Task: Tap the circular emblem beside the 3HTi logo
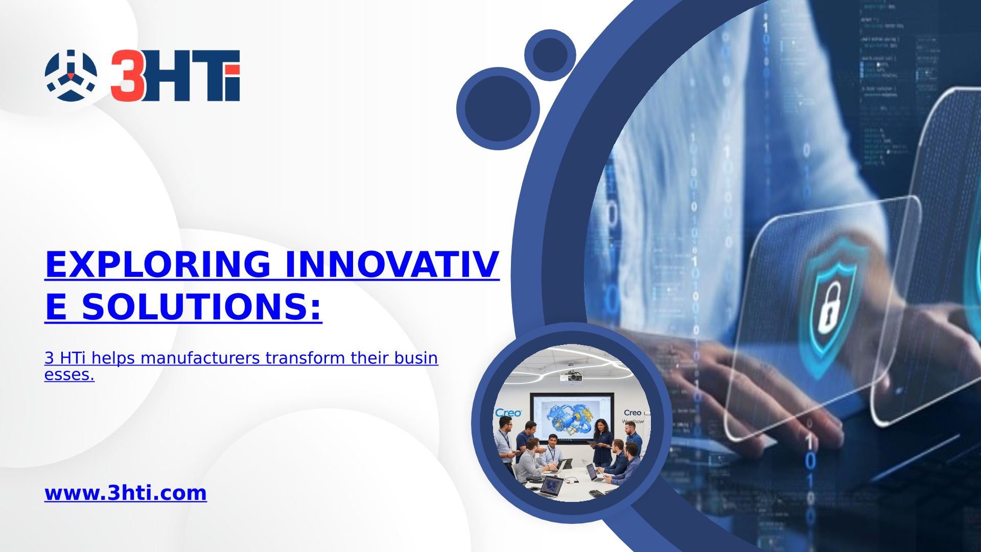71,75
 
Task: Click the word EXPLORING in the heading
158,264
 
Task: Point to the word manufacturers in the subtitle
200,358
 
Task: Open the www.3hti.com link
126,493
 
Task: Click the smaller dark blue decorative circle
550,55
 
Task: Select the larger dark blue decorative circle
498,108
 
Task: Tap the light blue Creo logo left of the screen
508,412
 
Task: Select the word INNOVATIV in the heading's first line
392,264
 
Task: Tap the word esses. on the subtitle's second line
69,375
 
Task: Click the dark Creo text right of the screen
632,412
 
